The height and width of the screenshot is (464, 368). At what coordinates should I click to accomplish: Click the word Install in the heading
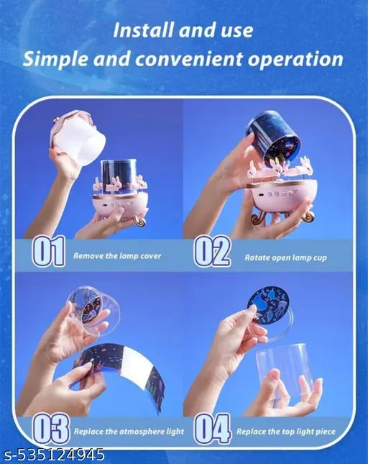(142, 30)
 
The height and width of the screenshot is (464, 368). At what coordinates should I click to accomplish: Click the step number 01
(48, 251)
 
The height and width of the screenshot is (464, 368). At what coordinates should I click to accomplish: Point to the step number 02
(212, 252)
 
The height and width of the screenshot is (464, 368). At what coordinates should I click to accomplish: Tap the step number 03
(51, 429)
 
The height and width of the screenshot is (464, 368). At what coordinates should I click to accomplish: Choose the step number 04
(212, 429)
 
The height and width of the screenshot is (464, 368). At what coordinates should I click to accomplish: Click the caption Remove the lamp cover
(117, 255)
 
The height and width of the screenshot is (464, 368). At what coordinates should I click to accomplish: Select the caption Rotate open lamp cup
(285, 258)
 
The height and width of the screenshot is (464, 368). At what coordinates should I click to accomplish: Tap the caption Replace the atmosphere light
(129, 432)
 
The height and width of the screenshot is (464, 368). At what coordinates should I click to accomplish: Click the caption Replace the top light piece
(286, 432)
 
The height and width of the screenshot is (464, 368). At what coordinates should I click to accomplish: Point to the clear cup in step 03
(91, 311)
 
